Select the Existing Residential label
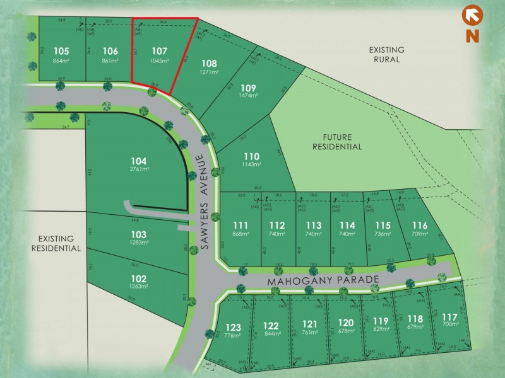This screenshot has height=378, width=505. click(56, 243)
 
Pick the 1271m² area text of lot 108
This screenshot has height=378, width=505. click(209, 72)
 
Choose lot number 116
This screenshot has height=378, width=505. click(419, 226)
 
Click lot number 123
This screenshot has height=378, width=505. click(233, 327)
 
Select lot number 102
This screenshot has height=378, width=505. click(139, 278)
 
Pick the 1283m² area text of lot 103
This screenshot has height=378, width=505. click(139, 243)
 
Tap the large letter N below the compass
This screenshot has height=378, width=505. click(471, 35)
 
